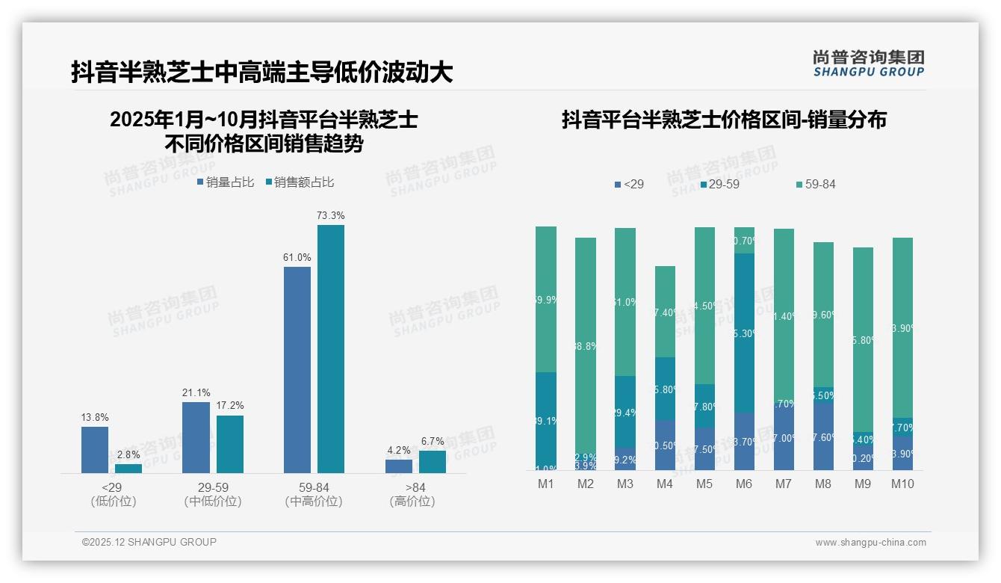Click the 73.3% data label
pyautogui.click(x=330, y=215)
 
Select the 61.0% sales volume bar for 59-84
pyautogui.click(x=297, y=369)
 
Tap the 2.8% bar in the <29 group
pyautogui.click(x=128, y=468)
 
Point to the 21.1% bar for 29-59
pyautogui.click(x=196, y=437)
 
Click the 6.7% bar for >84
pyautogui.click(x=433, y=461)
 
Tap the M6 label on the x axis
pyautogui.click(x=743, y=484)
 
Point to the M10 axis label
pyautogui.click(x=902, y=484)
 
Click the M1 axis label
pyautogui.click(x=546, y=484)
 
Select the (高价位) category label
pyautogui.click(x=412, y=502)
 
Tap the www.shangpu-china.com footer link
pyautogui.click(x=870, y=543)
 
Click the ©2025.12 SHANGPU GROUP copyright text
pyautogui.click(x=149, y=542)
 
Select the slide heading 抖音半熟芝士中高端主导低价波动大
pyautogui.click(x=261, y=73)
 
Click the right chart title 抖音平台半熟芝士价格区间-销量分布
pyautogui.click(x=724, y=120)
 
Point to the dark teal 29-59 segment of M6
pyautogui.click(x=743, y=333)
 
